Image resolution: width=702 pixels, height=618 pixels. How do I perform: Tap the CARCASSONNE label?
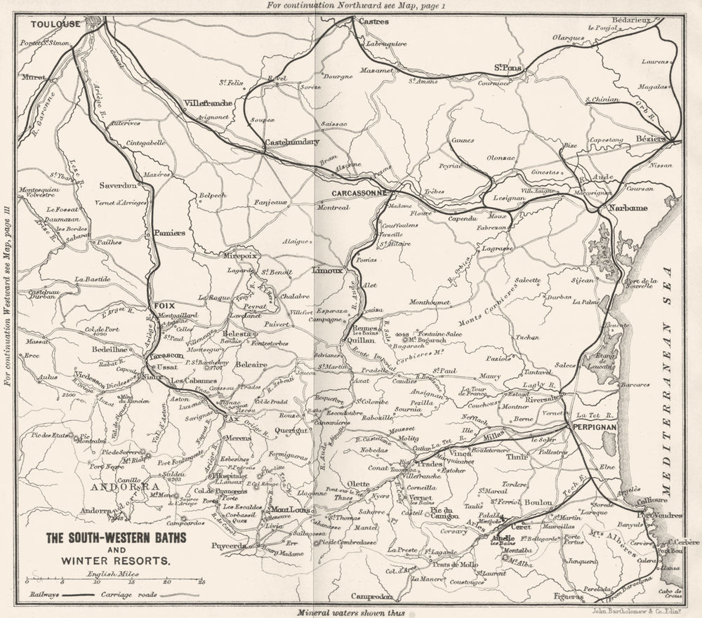coord(360,192)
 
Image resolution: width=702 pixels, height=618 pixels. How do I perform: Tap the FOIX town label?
coord(163,306)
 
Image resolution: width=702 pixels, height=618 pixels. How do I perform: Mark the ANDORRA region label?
coord(124,485)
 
